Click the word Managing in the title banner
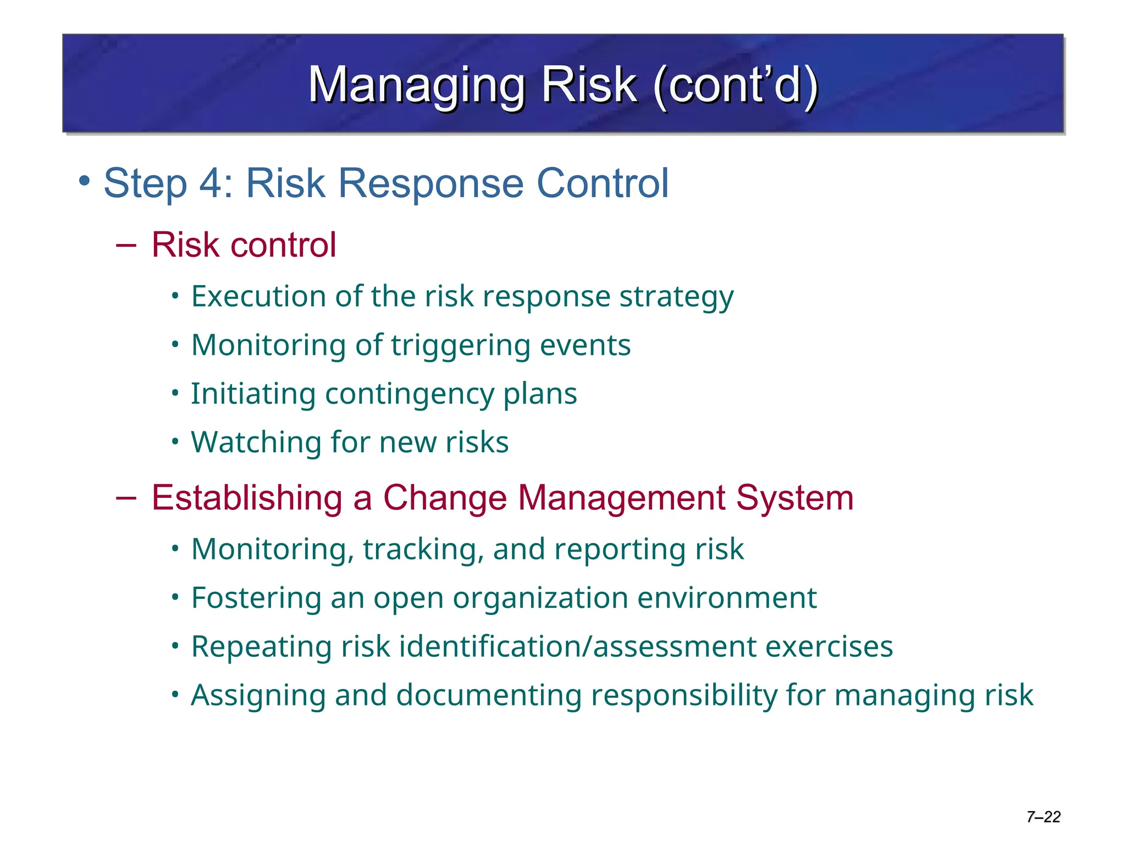click(x=417, y=85)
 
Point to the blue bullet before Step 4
click(x=84, y=180)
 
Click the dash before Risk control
click(x=126, y=245)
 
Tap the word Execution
click(x=258, y=297)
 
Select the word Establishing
click(x=247, y=498)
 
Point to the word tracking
click(x=423, y=549)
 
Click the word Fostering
click(x=256, y=598)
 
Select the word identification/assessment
click(x=577, y=647)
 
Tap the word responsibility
click(x=683, y=696)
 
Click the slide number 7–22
click(x=1043, y=817)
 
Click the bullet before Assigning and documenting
click(x=175, y=695)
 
